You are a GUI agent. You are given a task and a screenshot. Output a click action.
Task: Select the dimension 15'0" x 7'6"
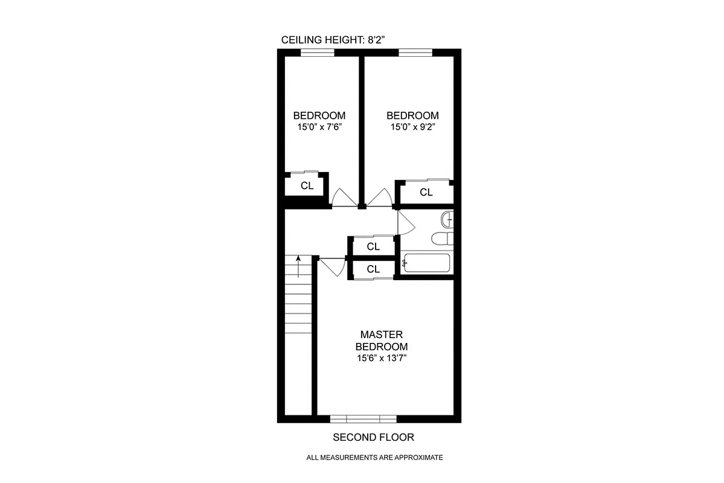coord(319,127)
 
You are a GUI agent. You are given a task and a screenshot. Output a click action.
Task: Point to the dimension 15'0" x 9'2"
coord(413,127)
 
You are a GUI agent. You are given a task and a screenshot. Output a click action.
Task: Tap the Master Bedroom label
coord(381,341)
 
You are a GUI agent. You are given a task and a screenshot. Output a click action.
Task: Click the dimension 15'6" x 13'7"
coord(381,358)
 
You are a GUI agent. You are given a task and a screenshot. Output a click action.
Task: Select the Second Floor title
coord(374,437)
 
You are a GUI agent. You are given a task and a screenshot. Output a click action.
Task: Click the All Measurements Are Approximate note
coord(374,457)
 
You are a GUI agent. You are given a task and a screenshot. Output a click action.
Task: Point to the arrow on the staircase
coord(298,266)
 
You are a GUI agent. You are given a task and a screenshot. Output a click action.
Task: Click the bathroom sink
coord(447,219)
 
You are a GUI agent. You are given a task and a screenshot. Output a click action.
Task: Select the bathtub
coord(427,264)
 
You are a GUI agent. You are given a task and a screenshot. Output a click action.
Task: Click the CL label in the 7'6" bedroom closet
coord(307,186)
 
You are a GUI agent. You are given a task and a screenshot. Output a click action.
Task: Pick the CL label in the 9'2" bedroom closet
coord(426,193)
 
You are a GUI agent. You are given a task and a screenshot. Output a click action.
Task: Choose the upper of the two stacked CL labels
coord(373,246)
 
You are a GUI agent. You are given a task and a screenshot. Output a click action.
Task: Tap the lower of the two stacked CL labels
coord(373,269)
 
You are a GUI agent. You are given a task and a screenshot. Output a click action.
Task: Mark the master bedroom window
coord(363,418)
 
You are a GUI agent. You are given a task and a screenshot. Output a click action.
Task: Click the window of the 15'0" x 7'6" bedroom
coord(318,53)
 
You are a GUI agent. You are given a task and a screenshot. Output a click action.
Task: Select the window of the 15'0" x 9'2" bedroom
coord(415,53)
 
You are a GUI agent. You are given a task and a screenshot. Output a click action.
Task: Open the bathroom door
coord(405,222)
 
